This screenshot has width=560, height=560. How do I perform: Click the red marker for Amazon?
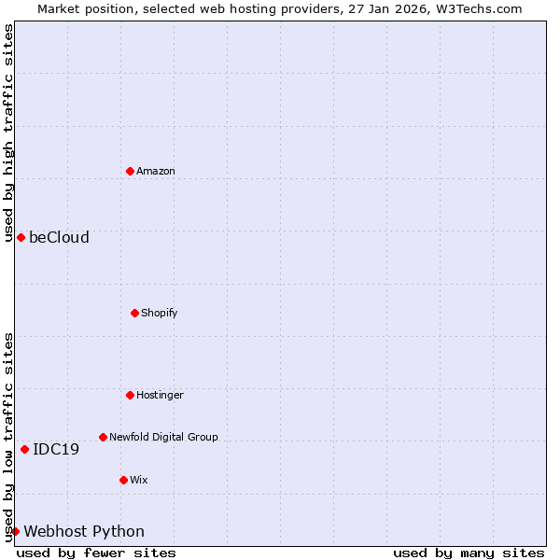130,171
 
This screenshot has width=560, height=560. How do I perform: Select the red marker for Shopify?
134,313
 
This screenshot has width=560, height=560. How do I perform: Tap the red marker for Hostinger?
130,395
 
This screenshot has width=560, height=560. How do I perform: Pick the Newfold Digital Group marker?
103,437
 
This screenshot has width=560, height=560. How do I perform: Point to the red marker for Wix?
123,480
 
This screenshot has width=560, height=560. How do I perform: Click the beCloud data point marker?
21,237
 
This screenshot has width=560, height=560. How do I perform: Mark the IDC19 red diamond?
24,449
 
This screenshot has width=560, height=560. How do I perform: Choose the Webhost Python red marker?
15,531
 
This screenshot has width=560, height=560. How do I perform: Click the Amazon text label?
156,171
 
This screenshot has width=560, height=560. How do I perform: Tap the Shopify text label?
160,313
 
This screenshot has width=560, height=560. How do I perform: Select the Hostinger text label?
161,395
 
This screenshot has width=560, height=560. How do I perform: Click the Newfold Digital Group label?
163,437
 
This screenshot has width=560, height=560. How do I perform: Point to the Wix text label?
139,480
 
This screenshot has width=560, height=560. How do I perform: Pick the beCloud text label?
59,237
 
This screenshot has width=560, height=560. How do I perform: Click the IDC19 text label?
56,449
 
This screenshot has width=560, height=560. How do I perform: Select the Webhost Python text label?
84,531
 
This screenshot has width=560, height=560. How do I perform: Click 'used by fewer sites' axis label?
96,553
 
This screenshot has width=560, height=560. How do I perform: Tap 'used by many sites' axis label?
469,553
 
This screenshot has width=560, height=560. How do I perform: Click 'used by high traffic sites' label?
8,133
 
